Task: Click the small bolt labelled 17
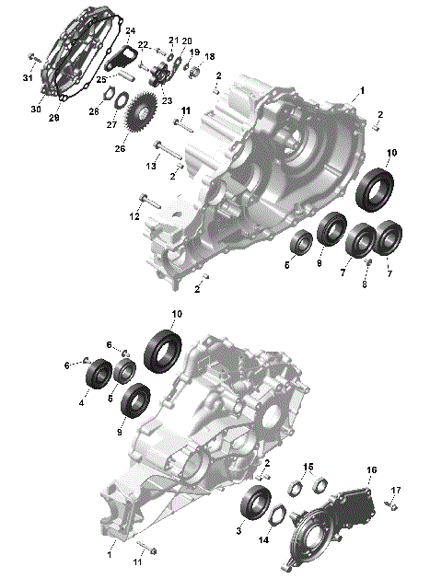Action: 390,504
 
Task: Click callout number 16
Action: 372,470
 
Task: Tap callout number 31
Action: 27,77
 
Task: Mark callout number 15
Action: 308,467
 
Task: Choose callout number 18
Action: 209,57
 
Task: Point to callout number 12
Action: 134,216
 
